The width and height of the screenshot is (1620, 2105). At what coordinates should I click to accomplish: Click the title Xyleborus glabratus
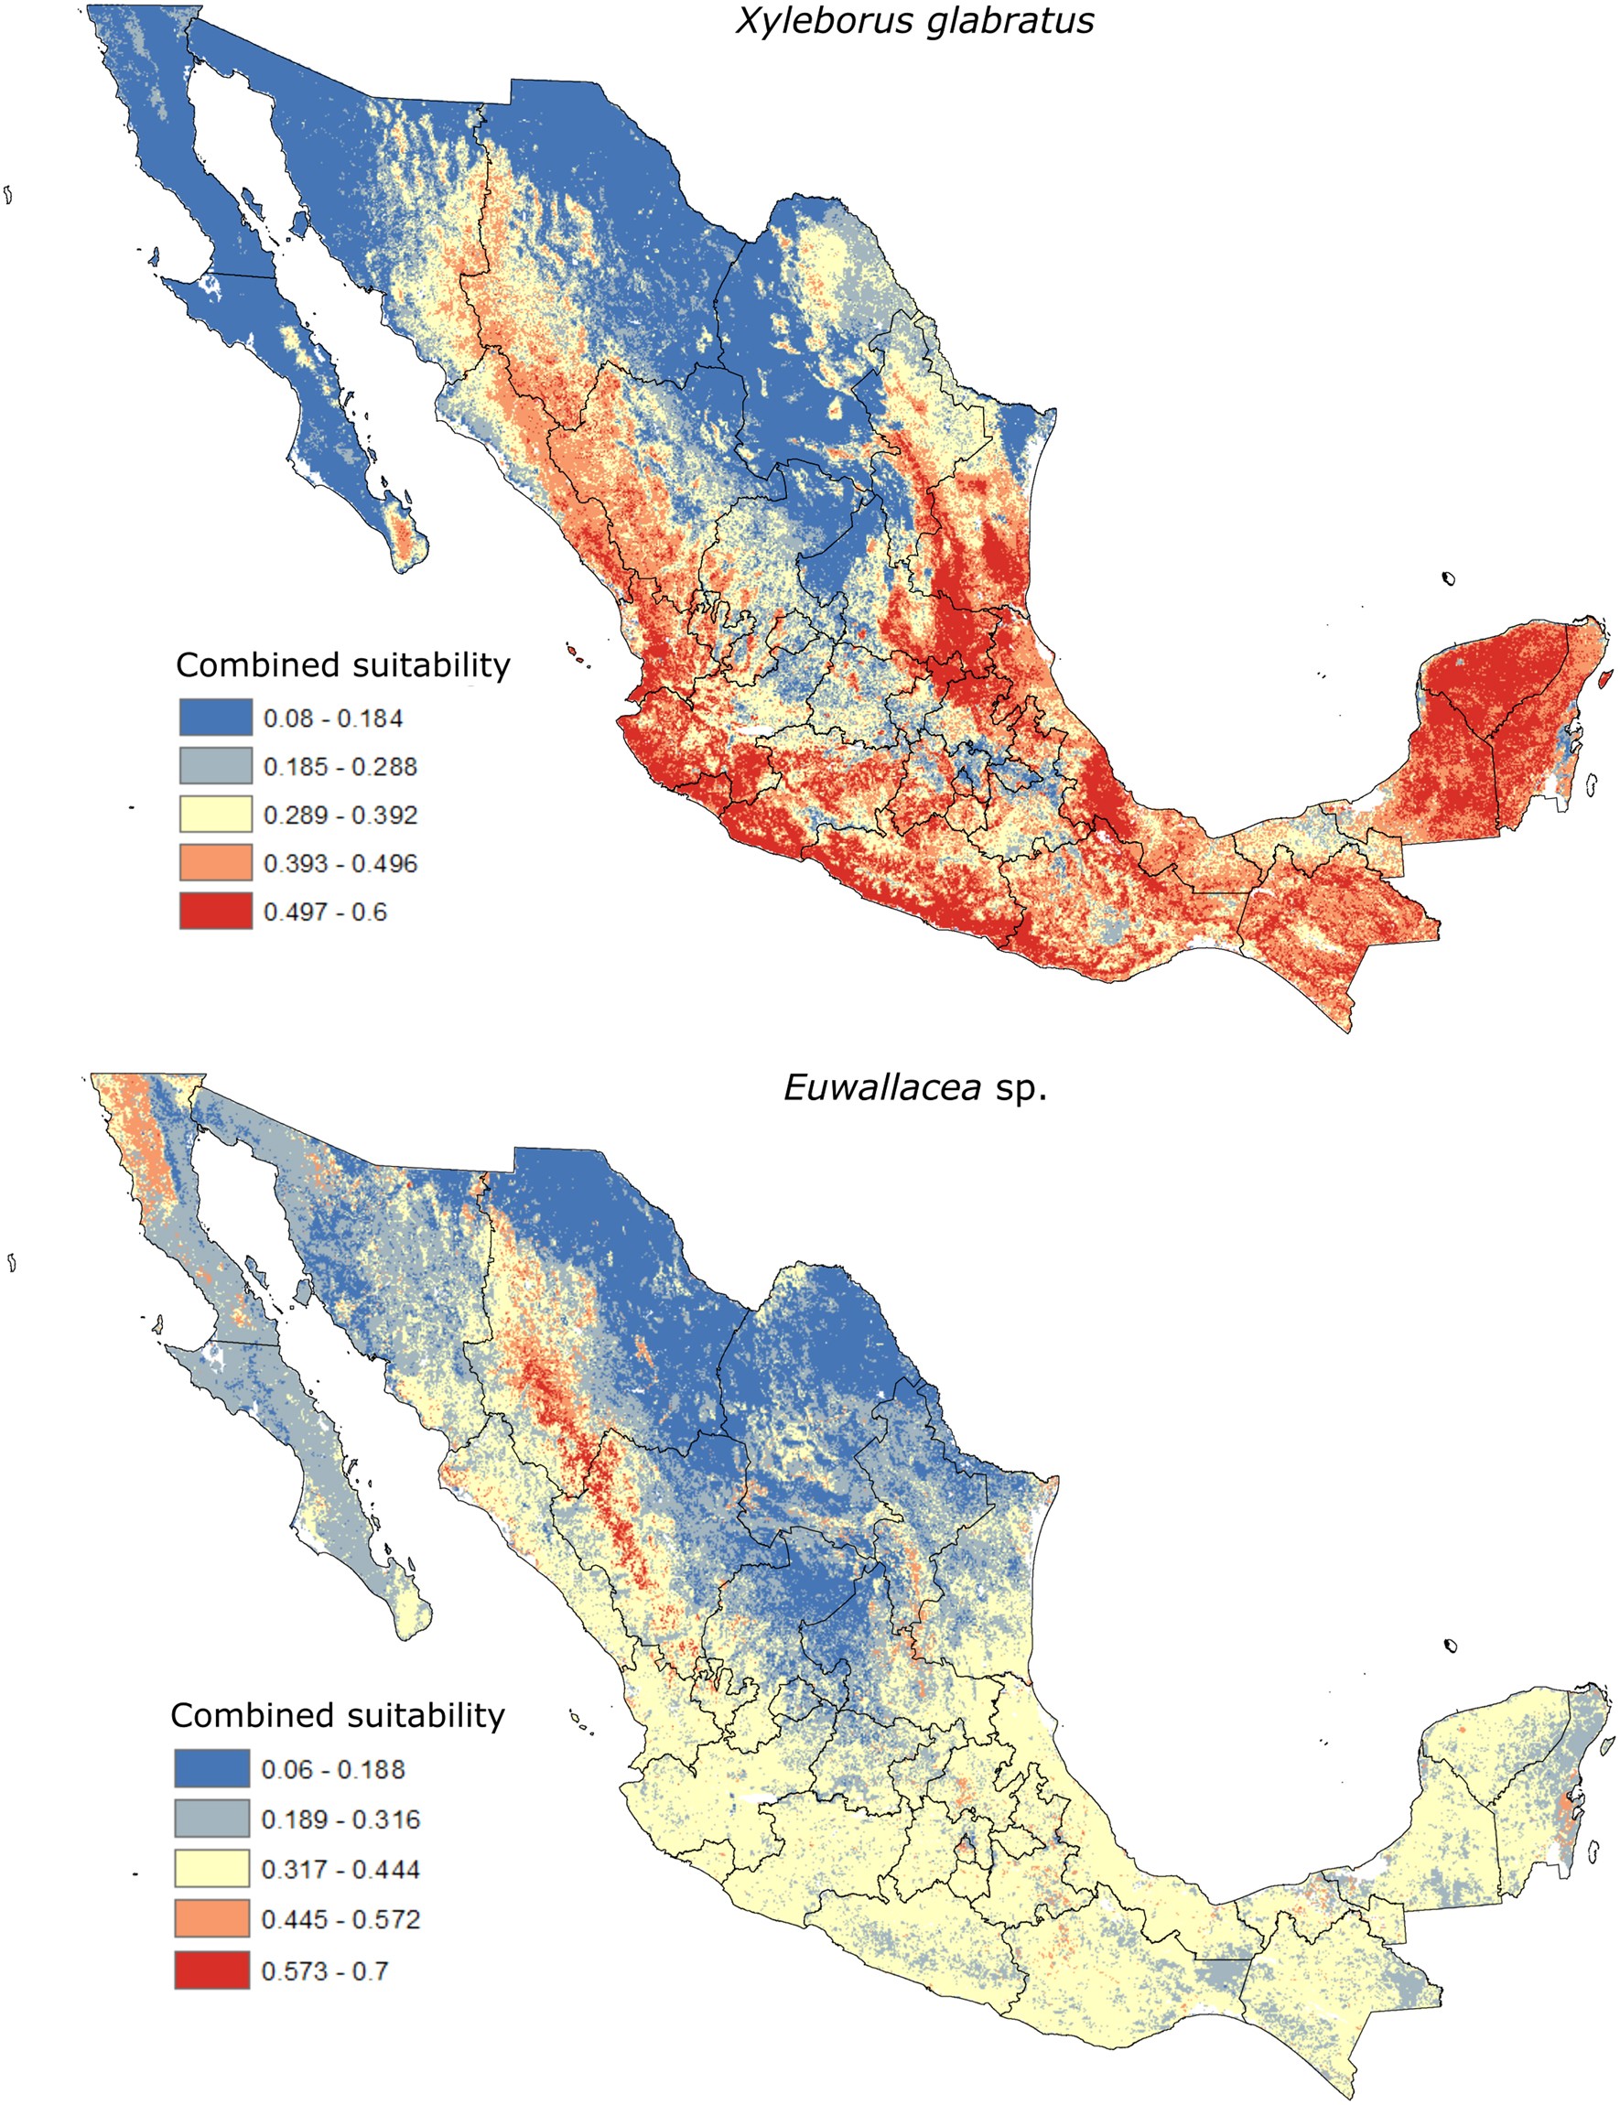click(x=914, y=20)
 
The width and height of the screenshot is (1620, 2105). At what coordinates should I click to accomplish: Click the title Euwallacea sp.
click(x=914, y=1088)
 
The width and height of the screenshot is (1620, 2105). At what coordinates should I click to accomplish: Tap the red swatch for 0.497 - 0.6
click(x=216, y=912)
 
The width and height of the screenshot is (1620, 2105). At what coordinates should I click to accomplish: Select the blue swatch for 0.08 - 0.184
click(x=216, y=718)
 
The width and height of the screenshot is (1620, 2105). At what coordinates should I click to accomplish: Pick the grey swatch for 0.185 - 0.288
click(x=216, y=766)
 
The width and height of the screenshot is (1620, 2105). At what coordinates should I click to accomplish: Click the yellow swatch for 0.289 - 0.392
click(x=216, y=815)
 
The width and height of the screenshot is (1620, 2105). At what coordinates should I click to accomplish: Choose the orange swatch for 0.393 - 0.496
click(x=216, y=864)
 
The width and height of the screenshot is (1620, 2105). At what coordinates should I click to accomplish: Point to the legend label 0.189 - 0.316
click(x=340, y=1819)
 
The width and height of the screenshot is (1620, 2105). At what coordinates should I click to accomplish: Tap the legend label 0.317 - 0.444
click(x=340, y=1870)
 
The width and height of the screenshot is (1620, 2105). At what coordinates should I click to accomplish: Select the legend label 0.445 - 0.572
click(x=340, y=1919)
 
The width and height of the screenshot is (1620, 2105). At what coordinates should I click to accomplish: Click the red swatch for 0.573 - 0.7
click(x=212, y=1970)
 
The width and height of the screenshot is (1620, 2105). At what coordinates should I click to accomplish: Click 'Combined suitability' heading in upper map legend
click(x=343, y=665)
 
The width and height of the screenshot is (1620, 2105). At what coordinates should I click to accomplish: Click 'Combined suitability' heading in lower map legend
click(x=338, y=1716)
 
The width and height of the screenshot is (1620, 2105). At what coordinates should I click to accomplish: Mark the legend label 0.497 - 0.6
click(x=325, y=912)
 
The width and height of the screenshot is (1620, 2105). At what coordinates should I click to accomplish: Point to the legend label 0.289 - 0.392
click(x=340, y=815)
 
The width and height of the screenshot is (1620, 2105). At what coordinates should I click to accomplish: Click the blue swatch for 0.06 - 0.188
click(x=212, y=1768)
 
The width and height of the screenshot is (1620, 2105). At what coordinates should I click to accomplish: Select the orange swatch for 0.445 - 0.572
click(x=212, y=1919)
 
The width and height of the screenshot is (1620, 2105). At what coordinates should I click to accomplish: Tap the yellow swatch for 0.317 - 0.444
click(x=212, y=1869)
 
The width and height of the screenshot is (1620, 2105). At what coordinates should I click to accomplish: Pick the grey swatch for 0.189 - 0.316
click(x=212, y=1819)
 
